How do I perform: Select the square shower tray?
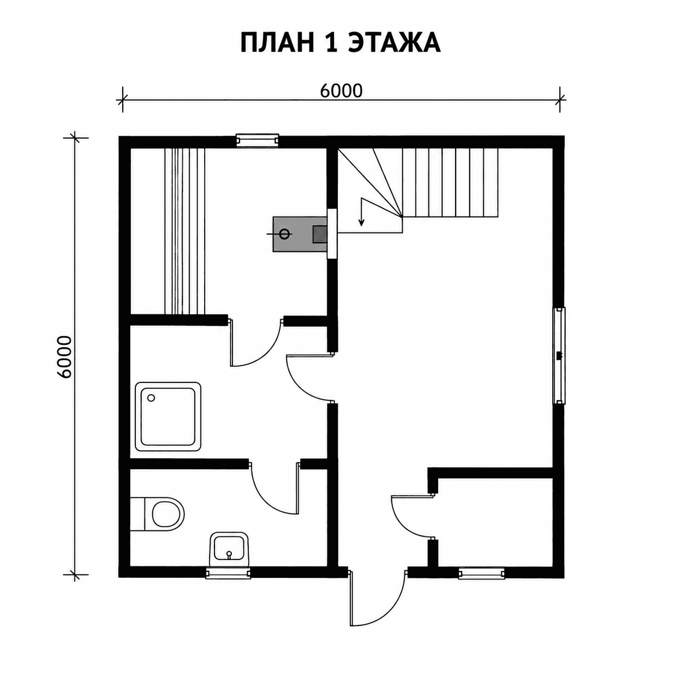[168, 417]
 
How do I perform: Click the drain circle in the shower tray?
[152, 398]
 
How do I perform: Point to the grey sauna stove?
[300, 234]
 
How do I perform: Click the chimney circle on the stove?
[284, 234]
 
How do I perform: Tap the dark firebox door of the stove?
[319, 234]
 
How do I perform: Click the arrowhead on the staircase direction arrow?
[361, 222]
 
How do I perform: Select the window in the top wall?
[257, 140]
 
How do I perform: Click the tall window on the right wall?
[559, 355]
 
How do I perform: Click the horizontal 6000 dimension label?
[341, 91]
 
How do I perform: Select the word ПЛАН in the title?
[277, 43]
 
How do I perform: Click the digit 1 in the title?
[330, 43]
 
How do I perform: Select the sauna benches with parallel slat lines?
[185, 231]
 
